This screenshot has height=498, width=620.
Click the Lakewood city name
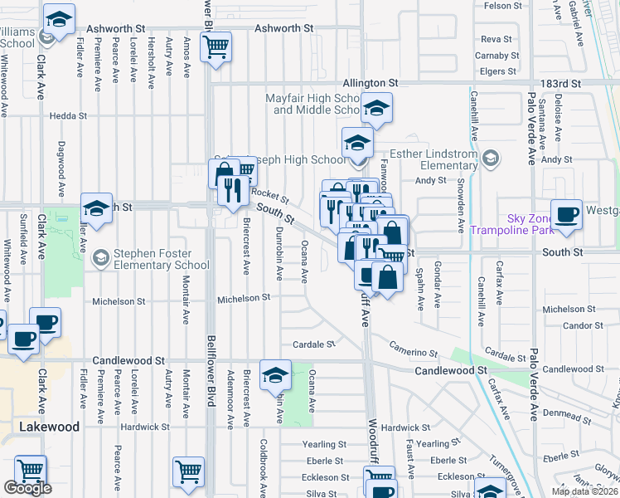tap(50, 427)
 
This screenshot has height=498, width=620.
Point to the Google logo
tap(27, 488)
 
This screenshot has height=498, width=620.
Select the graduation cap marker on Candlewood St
tap(275, 376)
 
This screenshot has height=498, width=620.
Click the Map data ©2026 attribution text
tap(584, 491)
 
